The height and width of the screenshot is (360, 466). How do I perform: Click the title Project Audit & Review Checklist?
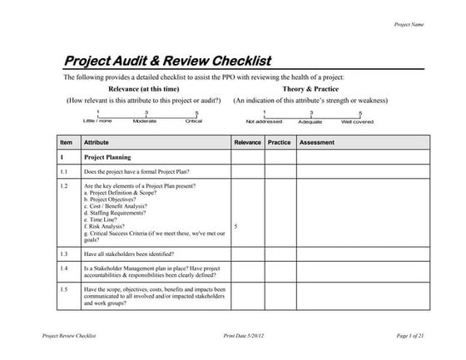(167, 62)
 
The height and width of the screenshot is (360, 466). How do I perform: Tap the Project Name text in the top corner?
(409, 25)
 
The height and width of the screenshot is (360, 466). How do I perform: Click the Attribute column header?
(97, 142)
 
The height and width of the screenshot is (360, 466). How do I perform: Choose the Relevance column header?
(247, 142)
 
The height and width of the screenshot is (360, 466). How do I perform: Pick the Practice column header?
(279, 142)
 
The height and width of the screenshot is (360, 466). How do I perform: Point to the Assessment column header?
(317, 142)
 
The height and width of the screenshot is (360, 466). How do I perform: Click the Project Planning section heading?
(107, 156)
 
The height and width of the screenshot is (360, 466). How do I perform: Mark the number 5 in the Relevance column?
(236, 225)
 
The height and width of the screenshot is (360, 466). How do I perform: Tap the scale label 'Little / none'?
(97, 121)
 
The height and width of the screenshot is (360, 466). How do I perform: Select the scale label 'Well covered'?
(357, 121)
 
